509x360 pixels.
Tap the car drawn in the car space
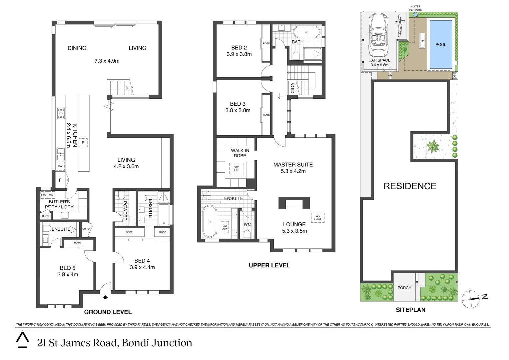coord(379,37)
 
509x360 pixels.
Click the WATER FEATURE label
coord(415,8)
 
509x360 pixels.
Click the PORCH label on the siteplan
coord(404,288)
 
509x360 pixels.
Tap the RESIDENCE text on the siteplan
coord(410,186)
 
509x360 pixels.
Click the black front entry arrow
coord(106,296)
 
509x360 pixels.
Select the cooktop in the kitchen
coord(61,113)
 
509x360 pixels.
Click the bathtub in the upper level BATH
coord(306,32)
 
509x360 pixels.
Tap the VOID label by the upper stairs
coord(292,88)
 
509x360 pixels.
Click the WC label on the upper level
coord(247,224)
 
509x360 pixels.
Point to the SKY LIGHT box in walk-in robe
coord(236,169)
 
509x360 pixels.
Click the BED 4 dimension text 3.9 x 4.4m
coord(142,267)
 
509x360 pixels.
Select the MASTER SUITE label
coord(293,164)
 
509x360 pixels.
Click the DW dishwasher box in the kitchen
coord(60,166)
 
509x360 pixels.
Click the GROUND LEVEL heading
coord(108,312)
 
